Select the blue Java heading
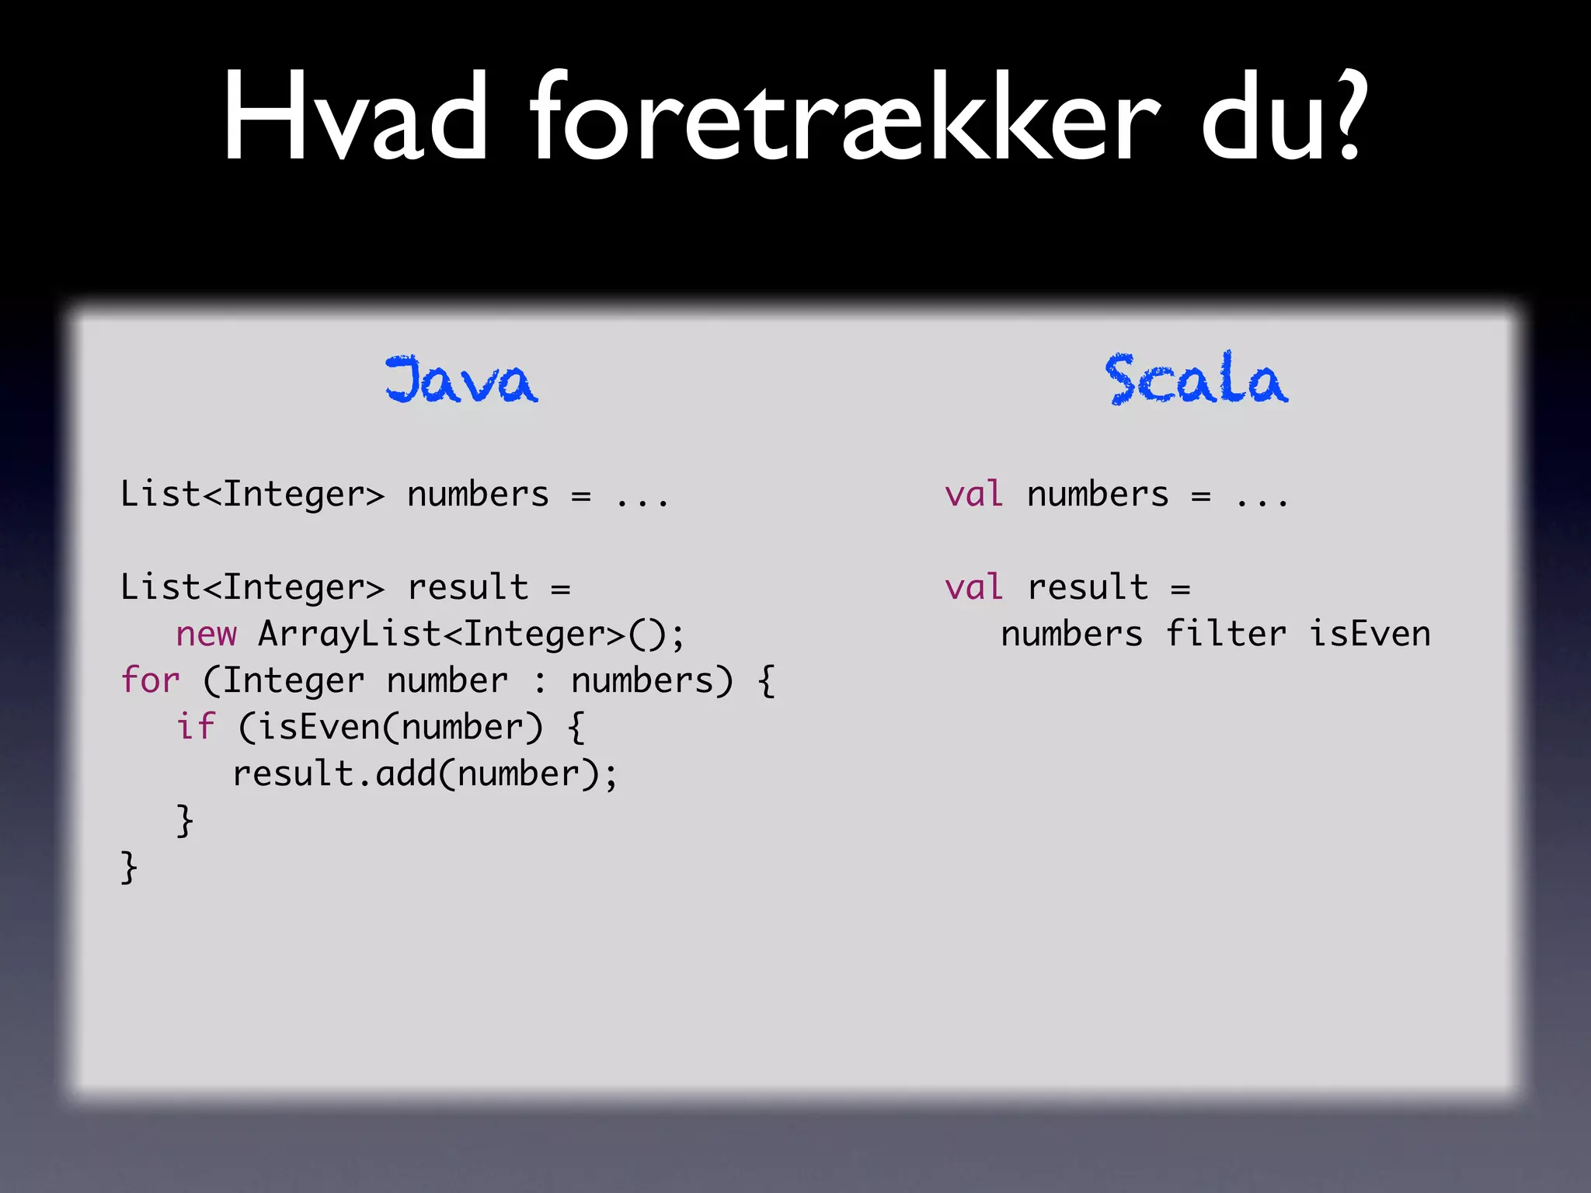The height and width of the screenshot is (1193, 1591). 461,380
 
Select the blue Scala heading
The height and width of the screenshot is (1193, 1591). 1196,380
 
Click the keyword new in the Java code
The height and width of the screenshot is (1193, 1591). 206,634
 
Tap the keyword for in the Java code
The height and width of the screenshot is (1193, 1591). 150,680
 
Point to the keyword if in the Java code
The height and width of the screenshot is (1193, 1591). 194,727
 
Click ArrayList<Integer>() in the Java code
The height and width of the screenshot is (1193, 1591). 471,634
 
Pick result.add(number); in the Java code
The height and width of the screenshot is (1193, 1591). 424,774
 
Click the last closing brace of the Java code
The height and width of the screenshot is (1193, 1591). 129,867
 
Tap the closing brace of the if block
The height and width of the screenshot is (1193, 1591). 185,820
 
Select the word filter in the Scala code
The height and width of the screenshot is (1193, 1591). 1225,634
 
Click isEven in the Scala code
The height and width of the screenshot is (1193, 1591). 1369,634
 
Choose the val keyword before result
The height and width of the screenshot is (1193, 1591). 973,587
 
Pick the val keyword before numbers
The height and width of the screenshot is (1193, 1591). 973,495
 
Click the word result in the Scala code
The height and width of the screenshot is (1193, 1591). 1087,587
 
